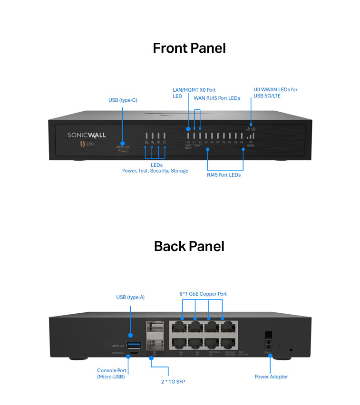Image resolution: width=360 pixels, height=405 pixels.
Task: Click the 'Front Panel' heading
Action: pos(189,48)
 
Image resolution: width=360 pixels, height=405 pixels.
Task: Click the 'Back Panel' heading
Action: pos(189,246)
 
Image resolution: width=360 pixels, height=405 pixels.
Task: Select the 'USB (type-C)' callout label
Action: pos(123,100)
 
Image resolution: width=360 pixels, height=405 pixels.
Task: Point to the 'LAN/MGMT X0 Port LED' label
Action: pos(195,93)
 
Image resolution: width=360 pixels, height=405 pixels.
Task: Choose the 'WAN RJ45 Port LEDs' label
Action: pos(216,98)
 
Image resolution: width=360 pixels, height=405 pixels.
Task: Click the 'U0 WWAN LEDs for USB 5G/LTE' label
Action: pos(275,93)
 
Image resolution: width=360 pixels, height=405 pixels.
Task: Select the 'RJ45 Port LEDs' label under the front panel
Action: pos(224,175)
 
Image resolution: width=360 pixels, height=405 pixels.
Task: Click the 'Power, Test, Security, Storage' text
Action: pos(155,171)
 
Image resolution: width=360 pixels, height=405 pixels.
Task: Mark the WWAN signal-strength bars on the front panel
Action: pos(250,135)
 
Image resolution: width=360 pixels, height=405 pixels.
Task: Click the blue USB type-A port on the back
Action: pos(133,345)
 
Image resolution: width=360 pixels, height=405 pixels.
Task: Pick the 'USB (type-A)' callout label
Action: pos(130,297)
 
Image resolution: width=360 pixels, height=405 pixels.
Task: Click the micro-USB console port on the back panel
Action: pos(133,353)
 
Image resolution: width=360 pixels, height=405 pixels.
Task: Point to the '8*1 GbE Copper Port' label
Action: pos(203,294)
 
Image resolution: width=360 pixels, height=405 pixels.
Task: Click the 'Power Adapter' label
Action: pos(271,376)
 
